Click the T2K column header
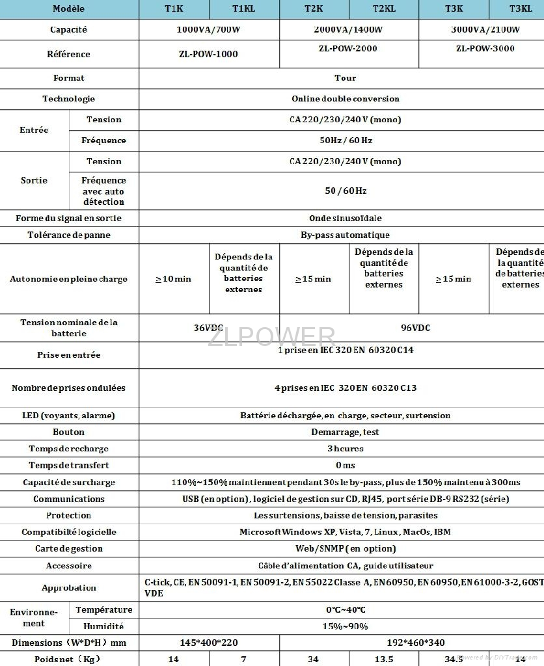click(x=314, y=9)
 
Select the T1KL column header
click(x=244, y=9)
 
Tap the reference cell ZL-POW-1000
click(x=209, y=54)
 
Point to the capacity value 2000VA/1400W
click(x=349, y=30)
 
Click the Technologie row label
click(x=69, y=99)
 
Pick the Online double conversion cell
click(x=345, y=99)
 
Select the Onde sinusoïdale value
click(x=345, y=219)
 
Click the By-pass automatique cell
click(x=345, y=235)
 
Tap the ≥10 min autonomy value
click(x=173, y=279)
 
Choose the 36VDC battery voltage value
click(x=208, y=328)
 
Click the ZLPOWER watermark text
click(x=271, y=338)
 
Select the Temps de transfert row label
click(x=69, y=465)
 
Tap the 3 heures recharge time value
click(x=345, y=449)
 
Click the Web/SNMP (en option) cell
click(x=345, y=548)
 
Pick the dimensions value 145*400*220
click(x=208, y=643)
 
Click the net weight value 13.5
click(x=384, y=659)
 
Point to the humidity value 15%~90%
click(x=345, y=626)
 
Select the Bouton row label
click(x=69, y=432)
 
